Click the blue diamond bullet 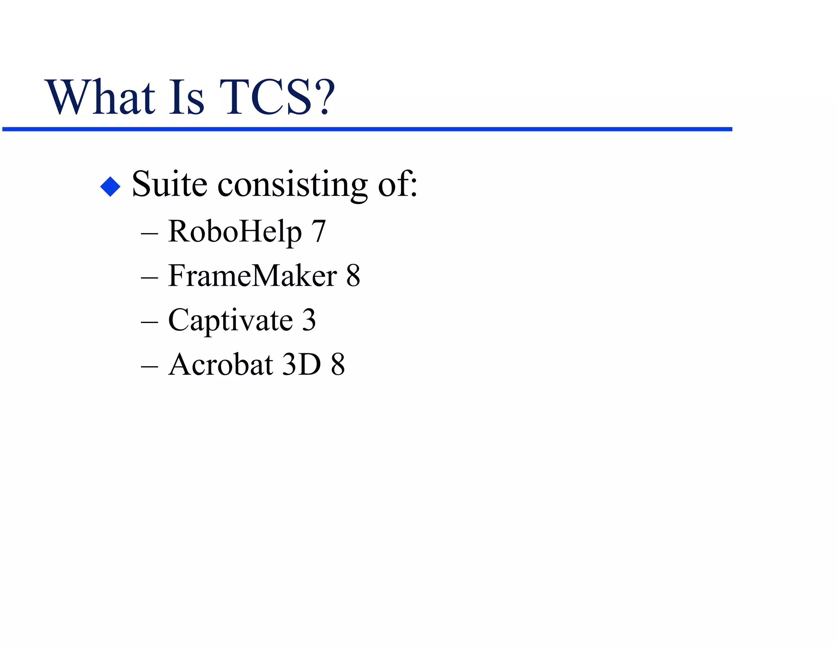(x=110, y=186)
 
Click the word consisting (x=293, y=186)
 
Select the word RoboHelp (x=235, y=232)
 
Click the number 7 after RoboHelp (x=318, y=232)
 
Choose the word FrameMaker (x=253, y=276)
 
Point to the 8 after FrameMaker (x=353, y=276)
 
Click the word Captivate (x=231, y=321)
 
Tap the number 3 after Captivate (x=309, y=320)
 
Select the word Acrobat (x=221, y=364)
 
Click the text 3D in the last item (x=302, y=364)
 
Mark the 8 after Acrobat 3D (x=338, y=364)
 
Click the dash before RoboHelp (x=149, y=234)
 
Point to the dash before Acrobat (x=149, y=366)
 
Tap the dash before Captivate (x=149, y=322)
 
